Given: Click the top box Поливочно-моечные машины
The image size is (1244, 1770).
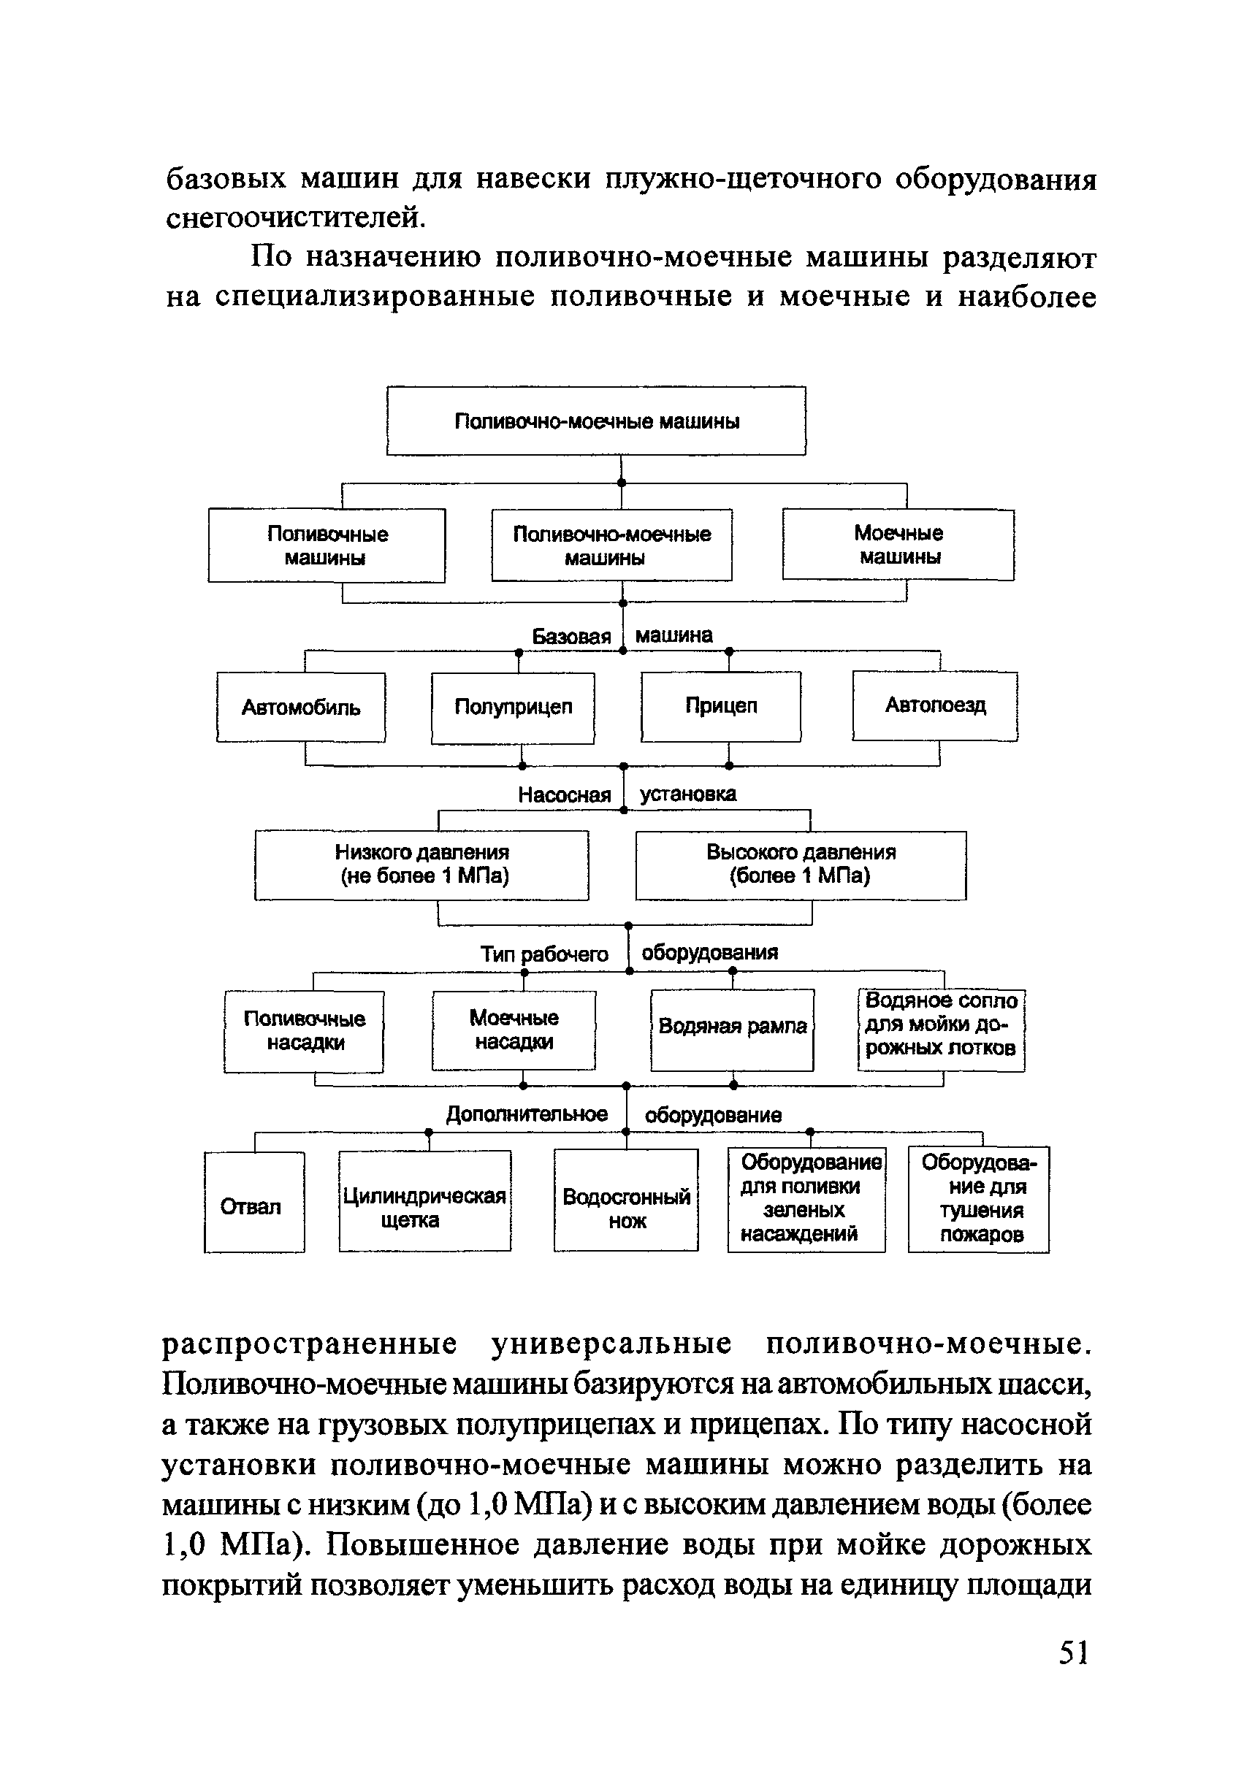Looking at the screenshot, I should click(x=596, y=421).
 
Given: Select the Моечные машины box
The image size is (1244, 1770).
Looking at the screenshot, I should click(x=898, y=544).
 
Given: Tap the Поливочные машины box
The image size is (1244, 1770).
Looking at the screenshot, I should click(x=327, y=545).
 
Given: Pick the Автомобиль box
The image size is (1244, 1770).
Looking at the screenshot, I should click(x=301, y=708).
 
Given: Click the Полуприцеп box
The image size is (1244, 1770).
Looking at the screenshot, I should click(x=513, y=708).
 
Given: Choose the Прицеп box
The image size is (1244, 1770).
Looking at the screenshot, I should click(x=721, y=706).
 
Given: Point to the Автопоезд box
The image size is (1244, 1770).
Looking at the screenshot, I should click(x=935, y=705).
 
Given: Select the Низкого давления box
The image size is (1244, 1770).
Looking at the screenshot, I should click(x=422, y=864).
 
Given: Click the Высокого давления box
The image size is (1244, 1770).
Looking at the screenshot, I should click(x=801, y=864).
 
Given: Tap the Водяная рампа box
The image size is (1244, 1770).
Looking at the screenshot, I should click(x=732, y=1029).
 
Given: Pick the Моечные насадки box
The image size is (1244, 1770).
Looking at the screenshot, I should click(x=514, y=1029).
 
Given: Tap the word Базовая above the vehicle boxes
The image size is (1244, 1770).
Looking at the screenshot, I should click(x=571, y=636).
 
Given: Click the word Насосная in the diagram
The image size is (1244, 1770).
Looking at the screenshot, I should click(x=564, y=794).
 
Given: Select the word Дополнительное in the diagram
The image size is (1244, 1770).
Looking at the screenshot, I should click(x=527, y=1114).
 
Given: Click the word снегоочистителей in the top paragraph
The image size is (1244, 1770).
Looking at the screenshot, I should click(x=295, y=218).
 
